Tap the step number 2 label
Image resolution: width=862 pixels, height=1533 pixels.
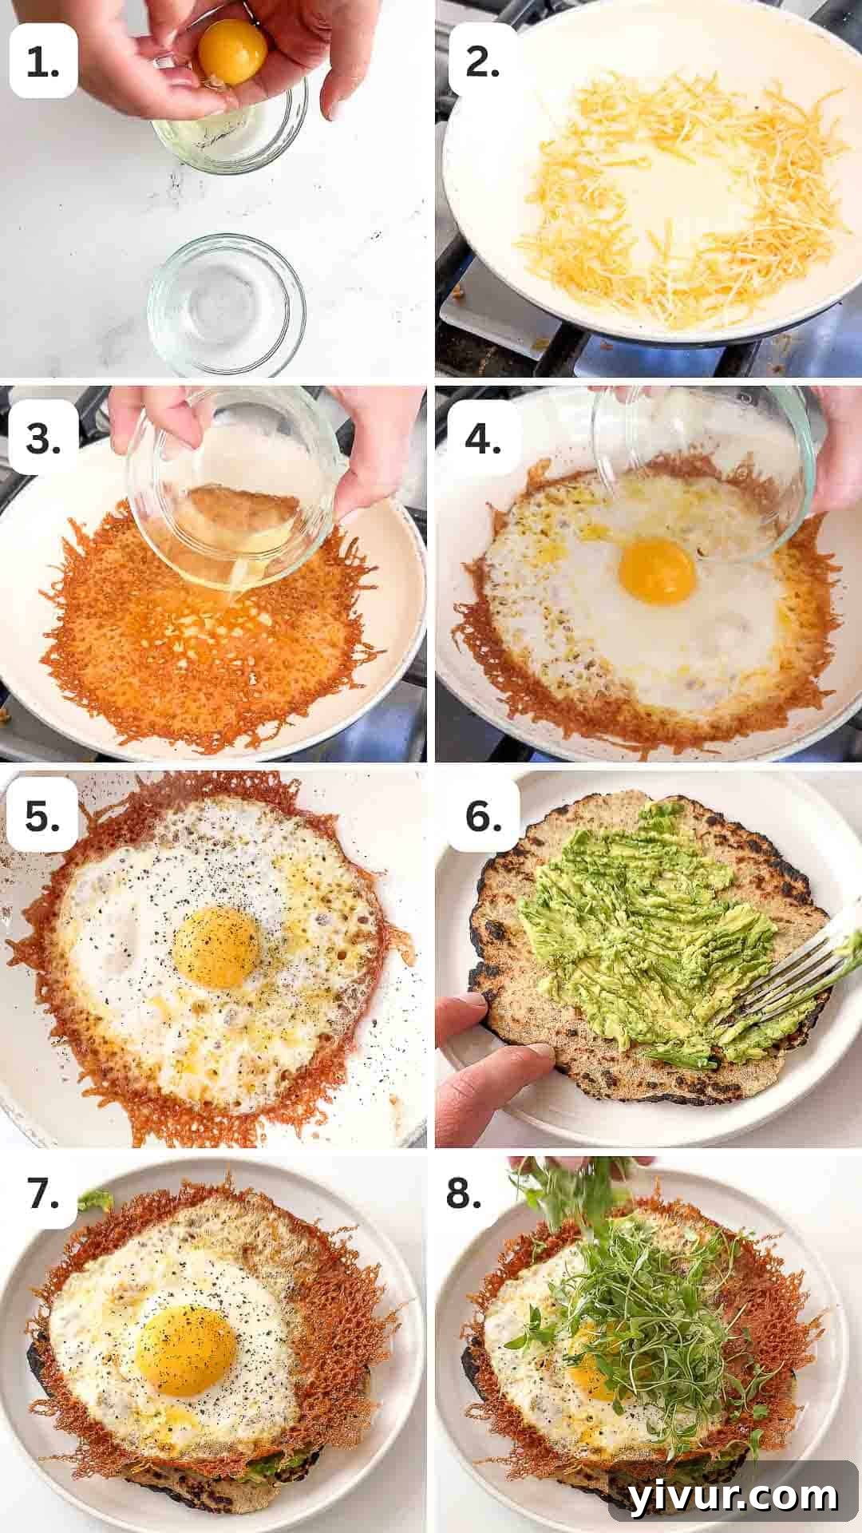click(483, 62)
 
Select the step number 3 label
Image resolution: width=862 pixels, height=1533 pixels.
click(43, 438)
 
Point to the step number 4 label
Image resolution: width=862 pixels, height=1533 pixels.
click(483, 438)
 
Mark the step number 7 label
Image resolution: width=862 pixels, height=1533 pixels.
click(43, 1194)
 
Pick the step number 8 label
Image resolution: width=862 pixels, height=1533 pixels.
click(483, 1194)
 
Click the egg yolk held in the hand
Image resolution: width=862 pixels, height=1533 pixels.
click(232, 53)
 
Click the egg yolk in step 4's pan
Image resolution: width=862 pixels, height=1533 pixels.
click(656, 572)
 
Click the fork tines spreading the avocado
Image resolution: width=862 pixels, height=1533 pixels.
click(778, 990)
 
